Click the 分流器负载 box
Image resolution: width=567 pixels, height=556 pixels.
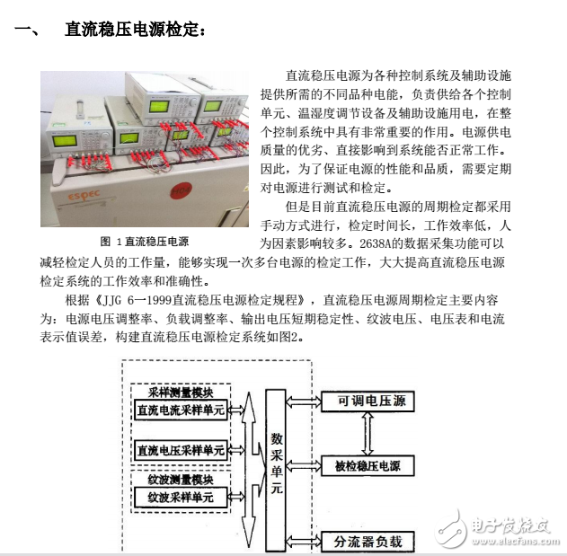pyautogui.click(x=368, y=542)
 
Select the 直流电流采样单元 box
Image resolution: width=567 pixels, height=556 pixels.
pyautogui.click(x=180, y=410)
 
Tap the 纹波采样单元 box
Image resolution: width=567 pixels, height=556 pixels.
pyautogui.click(x=180, y=497)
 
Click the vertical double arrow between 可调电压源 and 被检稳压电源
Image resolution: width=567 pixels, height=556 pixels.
pyautogui.click(x=364, y=434)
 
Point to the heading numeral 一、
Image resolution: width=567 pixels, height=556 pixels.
pyautogui.click(x=26, y=30)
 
